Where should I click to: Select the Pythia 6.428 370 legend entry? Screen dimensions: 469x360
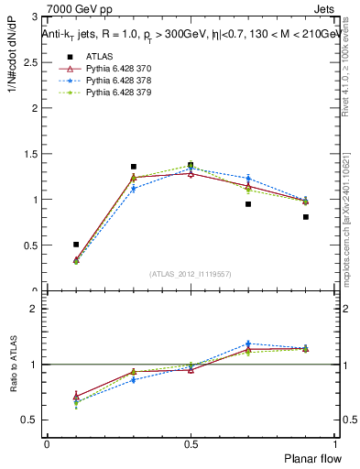click(x=116, y=69)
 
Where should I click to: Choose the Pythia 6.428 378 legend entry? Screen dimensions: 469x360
click(x=116, y=81)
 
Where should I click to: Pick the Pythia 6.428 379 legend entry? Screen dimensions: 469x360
click(x=116, y=93)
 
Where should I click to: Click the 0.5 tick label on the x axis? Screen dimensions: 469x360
click(x=191, y=443)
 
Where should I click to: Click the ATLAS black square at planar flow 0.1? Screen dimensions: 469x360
click(x=76, y=245)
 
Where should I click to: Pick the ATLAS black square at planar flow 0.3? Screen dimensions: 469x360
click(x=134, y=167)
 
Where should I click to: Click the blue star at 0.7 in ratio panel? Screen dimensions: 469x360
click(x=248, y=344)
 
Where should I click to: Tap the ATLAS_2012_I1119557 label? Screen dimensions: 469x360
click(x=191, y=274)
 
